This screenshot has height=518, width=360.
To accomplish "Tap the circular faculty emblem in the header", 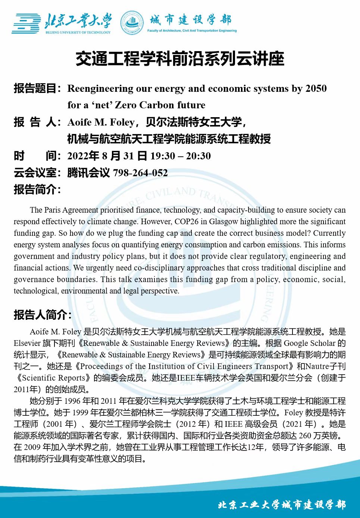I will click(x=132, y=22).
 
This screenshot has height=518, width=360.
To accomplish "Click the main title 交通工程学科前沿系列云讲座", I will click(x=180, y=59).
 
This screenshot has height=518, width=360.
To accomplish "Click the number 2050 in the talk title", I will click(x=316, y=88).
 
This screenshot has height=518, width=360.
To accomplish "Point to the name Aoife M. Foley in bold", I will click(x=101, y=122).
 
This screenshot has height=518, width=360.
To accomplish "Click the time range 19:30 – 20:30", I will click(x=181, y=156).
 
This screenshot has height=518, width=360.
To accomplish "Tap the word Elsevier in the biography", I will click(x=27, y=343).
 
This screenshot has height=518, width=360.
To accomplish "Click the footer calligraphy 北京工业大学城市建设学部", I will click(x=282, y=505).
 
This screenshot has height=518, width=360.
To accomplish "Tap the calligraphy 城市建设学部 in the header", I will click(x=191, y=20).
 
